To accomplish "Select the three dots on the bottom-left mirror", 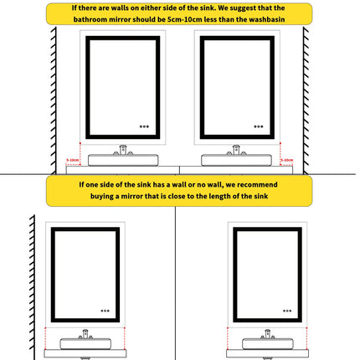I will (x=104, y=306).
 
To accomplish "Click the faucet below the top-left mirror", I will (x=123, y=150).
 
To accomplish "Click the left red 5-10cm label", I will (x=73, y=159).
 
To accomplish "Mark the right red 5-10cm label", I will (x=286, y=159).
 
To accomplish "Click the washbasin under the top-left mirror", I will (x=123, y=159).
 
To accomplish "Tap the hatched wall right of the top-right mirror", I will (x=306, y=100).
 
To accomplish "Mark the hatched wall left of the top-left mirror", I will (x=53, y=100).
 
